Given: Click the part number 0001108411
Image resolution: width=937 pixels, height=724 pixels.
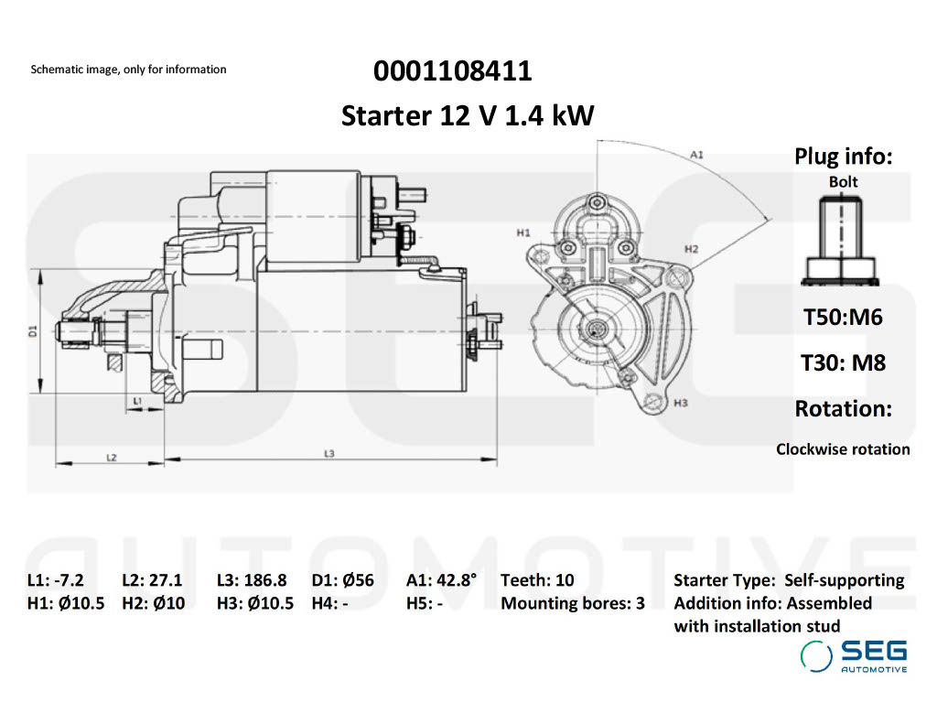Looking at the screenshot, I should (452, 71).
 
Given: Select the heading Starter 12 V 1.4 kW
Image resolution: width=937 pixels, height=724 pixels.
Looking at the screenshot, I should (468, 116).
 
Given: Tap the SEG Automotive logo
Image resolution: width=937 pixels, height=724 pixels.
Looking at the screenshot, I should (854, 656).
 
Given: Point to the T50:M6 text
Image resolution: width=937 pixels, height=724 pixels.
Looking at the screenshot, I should (843, 318).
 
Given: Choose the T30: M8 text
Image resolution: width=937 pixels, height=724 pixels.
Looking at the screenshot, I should (843, 362).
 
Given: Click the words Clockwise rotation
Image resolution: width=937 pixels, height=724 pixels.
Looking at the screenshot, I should (843, 449).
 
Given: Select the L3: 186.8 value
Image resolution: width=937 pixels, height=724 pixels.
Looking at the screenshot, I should (252, 580).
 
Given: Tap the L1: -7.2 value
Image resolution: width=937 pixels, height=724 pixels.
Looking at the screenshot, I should (56, 580).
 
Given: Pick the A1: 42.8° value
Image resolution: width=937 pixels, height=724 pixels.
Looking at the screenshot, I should (443, 580).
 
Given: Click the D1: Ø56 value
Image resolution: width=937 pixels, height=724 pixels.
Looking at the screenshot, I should (343, 580).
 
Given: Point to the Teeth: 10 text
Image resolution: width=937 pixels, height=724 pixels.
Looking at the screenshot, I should (537, 580).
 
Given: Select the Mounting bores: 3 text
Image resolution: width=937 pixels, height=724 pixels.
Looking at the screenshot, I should (573, 604).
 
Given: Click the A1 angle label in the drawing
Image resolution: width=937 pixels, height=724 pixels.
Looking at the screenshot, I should (696, 155).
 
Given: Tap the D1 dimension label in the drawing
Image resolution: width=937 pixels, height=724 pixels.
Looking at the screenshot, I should (33, 330).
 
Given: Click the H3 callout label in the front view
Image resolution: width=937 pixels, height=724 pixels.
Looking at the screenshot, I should (680, 403).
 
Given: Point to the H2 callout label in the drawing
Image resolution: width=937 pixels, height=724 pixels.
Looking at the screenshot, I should (691, 249).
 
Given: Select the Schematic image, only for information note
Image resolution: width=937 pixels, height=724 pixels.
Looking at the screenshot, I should (128, 70).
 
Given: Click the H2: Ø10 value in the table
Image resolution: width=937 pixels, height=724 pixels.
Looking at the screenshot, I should (153, 604).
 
